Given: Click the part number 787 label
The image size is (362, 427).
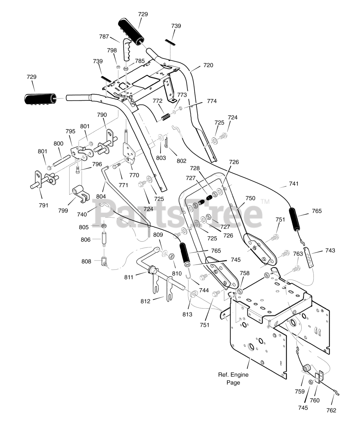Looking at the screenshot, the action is tap(104, 37).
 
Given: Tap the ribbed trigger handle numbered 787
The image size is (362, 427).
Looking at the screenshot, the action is tap(129, 49).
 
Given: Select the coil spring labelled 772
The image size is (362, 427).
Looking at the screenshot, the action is tap(166, 117).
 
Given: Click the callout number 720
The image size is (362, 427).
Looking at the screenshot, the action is tap(208, 65).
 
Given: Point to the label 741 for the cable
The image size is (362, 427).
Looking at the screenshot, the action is tap(294, 183).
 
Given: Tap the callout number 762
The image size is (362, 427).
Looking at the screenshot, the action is tap(331, 410).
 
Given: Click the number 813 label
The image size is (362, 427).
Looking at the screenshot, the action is tap(187, 315).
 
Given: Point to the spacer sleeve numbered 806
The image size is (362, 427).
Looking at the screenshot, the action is tap(104, 240).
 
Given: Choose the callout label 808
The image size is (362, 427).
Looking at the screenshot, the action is tap(86, 261).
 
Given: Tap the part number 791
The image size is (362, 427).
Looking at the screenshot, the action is tap(44, 205).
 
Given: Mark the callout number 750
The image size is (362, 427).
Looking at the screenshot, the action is tap(250, 198).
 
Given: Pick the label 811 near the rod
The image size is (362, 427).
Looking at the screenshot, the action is tap(129, 277).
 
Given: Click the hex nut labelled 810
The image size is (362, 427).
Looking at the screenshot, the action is tap(171, 257).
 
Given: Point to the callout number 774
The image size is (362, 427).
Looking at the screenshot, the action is tap(212, 101).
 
